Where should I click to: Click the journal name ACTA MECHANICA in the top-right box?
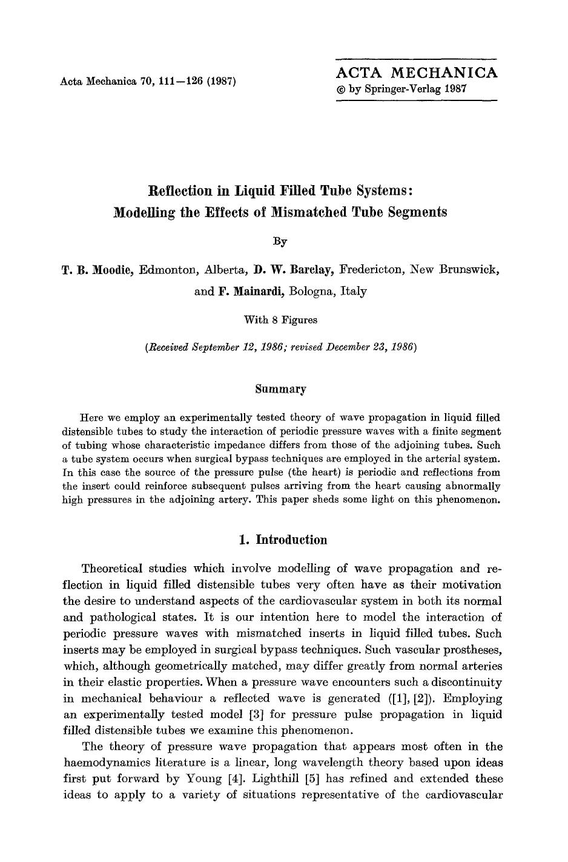pyautogui.click(x=417, y=73)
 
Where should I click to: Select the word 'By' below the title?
pyautogui.click(x=280, y=241)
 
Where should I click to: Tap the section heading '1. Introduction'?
pyautogui.click(x=283, y=540)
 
